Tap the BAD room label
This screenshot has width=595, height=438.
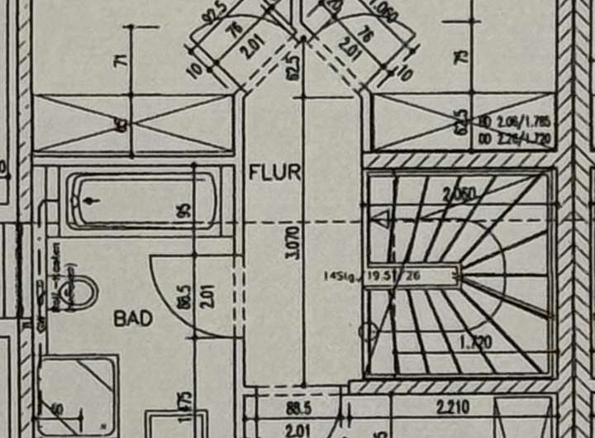133,317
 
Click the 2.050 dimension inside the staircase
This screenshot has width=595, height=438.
459,196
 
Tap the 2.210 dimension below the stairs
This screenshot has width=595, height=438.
453,406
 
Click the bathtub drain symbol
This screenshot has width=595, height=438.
91,200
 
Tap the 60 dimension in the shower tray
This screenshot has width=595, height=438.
59,407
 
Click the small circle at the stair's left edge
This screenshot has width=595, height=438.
369,332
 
